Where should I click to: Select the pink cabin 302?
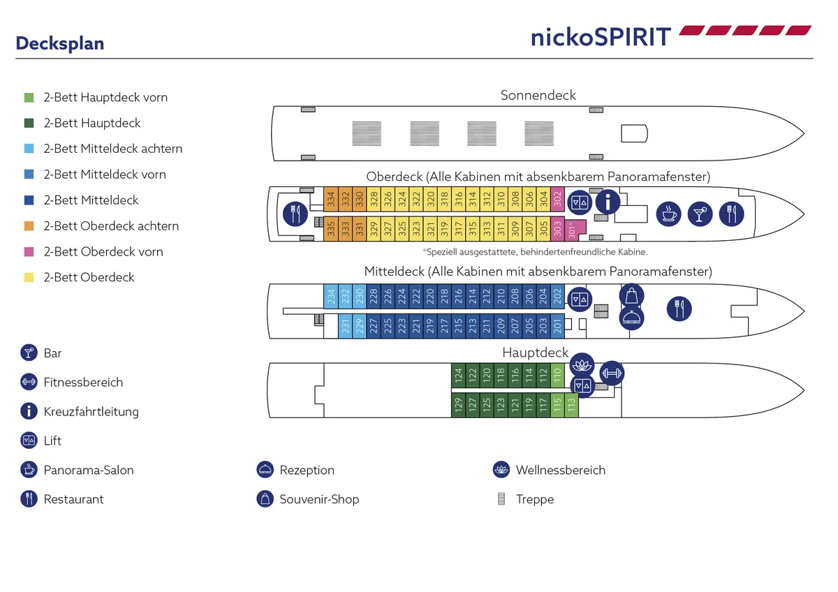click(557, 199)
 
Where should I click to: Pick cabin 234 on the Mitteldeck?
click(330, 296)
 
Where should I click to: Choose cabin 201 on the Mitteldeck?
click(557, 325)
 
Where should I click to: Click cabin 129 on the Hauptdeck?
click(458, 405)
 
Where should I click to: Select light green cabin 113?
click(571, 405)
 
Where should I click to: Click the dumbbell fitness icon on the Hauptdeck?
click(612, 373)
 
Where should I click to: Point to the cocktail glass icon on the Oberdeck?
click(700, 214)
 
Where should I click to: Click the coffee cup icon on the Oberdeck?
click(669, 214)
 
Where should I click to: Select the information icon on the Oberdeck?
click(608, 202)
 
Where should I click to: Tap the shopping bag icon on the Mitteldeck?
click(631, 295)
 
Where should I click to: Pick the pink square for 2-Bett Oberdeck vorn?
click(29, 251)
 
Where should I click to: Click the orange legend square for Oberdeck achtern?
click(29, 226)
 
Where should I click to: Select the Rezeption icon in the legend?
click(265, 470)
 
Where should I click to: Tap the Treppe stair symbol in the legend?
click(501, 499)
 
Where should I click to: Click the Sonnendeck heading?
click(538, 95)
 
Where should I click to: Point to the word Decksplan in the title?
click(60, 43)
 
